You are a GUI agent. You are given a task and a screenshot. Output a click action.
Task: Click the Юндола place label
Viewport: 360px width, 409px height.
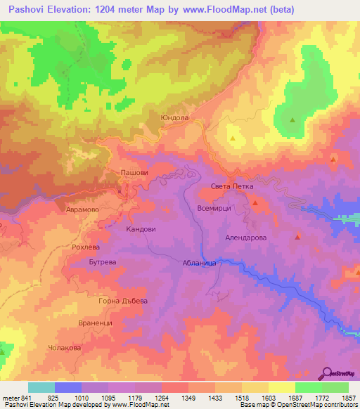[174, 118]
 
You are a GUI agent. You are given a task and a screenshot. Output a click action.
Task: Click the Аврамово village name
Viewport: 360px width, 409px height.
[82, 209]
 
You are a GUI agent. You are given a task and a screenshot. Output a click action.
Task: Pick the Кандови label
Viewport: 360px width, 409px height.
[141, 229]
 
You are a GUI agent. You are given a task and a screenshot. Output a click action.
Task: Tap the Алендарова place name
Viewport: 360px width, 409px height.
[246, 238]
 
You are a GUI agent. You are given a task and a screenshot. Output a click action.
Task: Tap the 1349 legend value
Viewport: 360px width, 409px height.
[188, 398]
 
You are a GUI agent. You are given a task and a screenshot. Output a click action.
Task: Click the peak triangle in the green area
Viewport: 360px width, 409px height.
[292, 119]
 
